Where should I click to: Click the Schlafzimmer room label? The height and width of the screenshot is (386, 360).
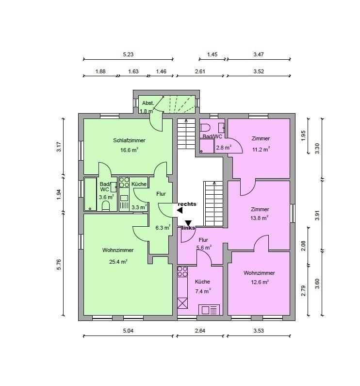click(129, 141)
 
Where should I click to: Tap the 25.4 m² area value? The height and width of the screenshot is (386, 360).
click(118, 261)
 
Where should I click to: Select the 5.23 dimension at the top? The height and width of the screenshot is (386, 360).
click(128, 54)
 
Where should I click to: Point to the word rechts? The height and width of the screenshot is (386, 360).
click(187, 204)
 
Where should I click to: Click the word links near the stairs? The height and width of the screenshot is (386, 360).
click(188, 228)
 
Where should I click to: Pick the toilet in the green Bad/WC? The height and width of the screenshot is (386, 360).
click(106, 206)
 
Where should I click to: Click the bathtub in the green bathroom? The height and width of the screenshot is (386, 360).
click(90, 194)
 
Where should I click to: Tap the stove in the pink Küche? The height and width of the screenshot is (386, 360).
click(182, 271)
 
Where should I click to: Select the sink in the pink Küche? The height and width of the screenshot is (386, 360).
click(209, 310)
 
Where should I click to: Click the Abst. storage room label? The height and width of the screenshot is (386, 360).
click(148, 103)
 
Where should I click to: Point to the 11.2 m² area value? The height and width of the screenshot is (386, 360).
click(261, 149)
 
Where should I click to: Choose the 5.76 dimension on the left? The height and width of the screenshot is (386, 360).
click(59, 265)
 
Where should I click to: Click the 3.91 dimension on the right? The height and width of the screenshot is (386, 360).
click(317, 216)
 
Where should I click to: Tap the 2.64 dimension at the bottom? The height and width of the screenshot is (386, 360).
click(200, 331)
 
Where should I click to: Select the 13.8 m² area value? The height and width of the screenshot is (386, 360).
click(259, 218)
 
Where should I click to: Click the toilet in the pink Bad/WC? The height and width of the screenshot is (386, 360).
click(205, 128)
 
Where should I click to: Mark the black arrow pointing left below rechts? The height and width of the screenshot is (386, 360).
click(180, 210)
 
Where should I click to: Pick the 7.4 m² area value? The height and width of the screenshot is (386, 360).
click(203, 291)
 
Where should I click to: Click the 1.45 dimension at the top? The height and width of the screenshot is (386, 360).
click(212, 54)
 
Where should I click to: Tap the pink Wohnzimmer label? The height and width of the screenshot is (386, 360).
click(259, 273)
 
